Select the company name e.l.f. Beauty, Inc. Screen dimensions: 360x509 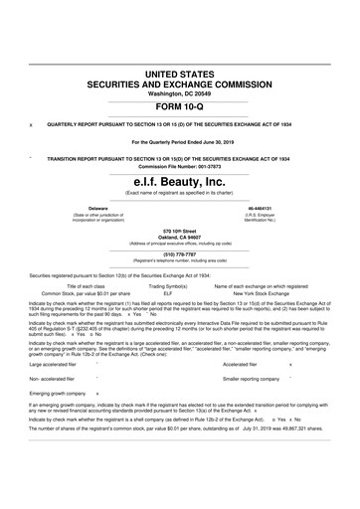point(179,182)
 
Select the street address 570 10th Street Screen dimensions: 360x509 point(180,231)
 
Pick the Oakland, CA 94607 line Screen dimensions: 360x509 point(180,237)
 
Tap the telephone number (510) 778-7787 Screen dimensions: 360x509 point(180,254)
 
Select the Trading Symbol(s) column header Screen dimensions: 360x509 point(168,286)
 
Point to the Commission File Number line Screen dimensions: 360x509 point(180,164)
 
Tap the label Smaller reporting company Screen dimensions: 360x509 point(254,379)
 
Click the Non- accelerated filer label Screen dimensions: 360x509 point(54,379)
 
